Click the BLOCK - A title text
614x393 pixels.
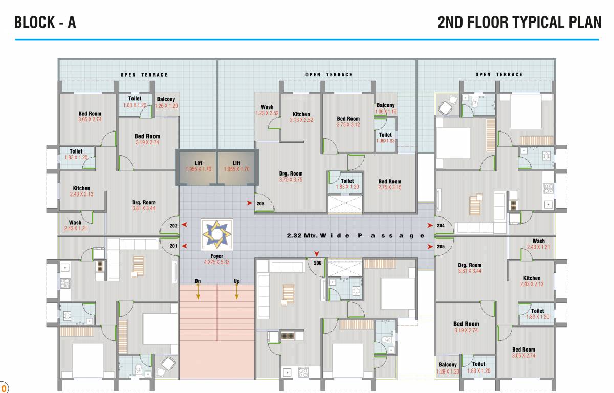point(45,23)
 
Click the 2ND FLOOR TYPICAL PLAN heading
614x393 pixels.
point(519,23)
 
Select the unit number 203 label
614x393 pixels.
point(260,203)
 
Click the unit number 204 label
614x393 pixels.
point(441,225)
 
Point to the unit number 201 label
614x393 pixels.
point(173,246)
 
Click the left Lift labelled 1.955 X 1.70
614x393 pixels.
point(198,166)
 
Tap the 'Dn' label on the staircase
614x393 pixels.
point(198,281)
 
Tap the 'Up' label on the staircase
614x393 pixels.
point(236,281)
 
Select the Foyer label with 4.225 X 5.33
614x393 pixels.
point(217,259)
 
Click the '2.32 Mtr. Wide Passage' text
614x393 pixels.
point(355,236)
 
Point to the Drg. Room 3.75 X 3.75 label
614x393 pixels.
point(291,177)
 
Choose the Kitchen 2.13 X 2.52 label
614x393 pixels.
point(301,117)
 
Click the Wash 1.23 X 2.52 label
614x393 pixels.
point(267,110)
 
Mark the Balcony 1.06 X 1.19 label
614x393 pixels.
point(385,108)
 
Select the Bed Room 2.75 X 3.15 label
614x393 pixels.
point(389,184)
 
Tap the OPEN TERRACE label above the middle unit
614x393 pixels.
point(329,75)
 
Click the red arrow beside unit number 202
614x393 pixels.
point(184,225)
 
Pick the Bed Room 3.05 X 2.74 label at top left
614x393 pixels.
point(90,116)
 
